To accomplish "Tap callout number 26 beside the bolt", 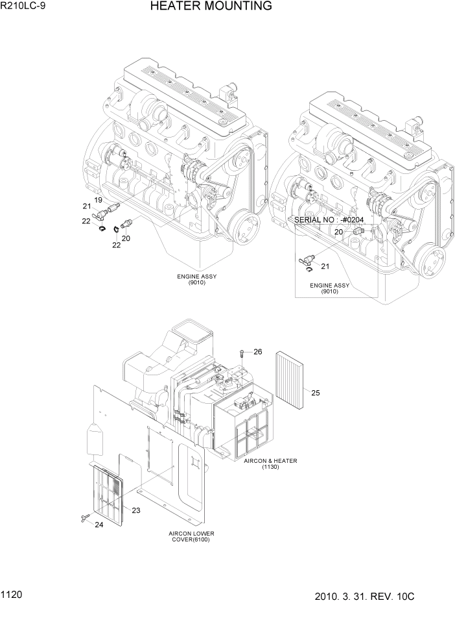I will [257, 352].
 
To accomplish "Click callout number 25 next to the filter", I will [316, 392].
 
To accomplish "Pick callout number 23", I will [136, 510].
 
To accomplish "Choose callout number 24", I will [99, 525].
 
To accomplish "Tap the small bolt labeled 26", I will [242, 353].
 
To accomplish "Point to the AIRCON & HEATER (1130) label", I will [270, 464].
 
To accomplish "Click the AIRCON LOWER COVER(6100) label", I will [191, 536].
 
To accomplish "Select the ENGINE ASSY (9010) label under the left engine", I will [197, 279].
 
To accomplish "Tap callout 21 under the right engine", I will [325, 266].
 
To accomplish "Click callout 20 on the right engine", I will [338, 231].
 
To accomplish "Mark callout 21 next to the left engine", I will [86, 206].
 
